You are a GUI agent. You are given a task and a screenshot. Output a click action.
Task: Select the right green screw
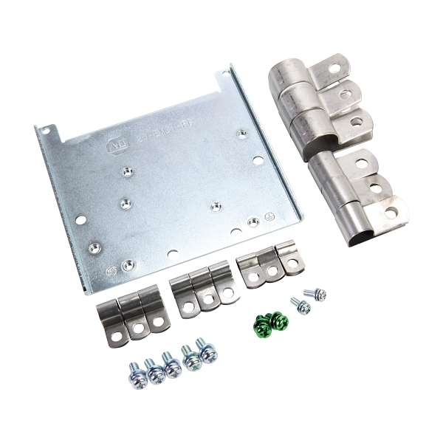click(x=278, y=320)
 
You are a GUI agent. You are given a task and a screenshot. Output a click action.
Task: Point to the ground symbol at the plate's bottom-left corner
click(x=111, y=271)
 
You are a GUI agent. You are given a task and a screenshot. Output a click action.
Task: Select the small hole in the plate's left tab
click(x=46, y=131)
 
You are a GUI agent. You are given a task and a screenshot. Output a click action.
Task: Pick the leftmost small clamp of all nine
click(x=111, y=314)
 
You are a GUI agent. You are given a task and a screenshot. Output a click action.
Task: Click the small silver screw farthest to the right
click(x=317, y=295)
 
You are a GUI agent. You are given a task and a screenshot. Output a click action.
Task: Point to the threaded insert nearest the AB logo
click(x=127, y=172)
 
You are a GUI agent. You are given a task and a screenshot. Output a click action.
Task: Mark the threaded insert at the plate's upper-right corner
click(x=241, y=133)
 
